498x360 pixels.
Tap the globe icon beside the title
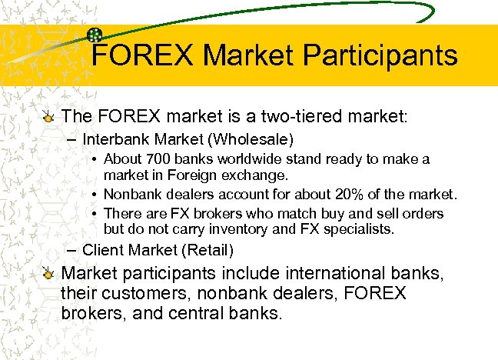(96, 35)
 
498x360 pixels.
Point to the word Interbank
(115, 140)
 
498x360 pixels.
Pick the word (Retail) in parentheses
(209, 250)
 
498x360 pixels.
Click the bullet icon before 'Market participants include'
(49, 273)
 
